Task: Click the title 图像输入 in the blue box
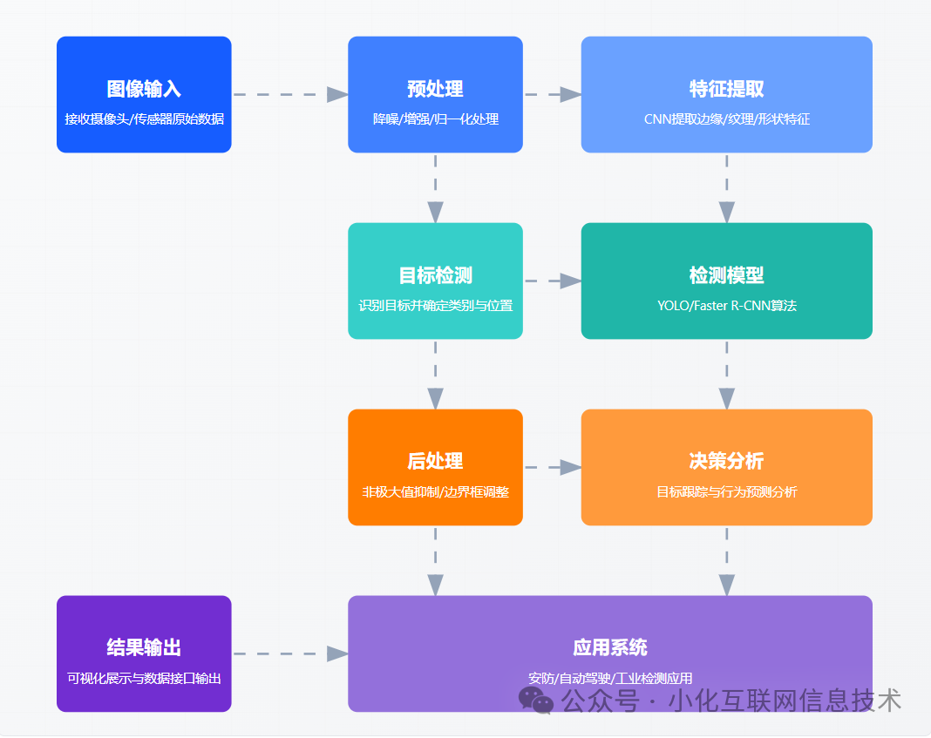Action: pos(144,89)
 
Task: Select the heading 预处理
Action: pos(435,89)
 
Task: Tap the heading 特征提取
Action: pos(726,89)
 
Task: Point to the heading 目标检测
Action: pos(435,275)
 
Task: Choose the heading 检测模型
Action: pos(726,275)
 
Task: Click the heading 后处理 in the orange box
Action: pos(435,461)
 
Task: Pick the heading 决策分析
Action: pos(726,461)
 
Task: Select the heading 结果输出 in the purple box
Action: pos(144,647)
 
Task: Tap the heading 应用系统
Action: pos(609,647)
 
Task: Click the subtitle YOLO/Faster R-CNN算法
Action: pos(726,306)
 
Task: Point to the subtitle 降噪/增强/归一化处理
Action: pos(435,119)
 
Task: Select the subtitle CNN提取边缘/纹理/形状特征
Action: pos(726,119)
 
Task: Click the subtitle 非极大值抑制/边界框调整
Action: pos(435,492)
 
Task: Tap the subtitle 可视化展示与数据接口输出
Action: pos(144,678)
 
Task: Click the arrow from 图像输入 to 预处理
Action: pos(289,94)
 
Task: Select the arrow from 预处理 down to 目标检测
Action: pos(435,187)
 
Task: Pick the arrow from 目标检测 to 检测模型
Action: pos(552,281)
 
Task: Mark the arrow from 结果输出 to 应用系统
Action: pos(289,653)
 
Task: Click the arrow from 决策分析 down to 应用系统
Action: pos(726,560)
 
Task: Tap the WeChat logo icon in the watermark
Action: pos(536,700)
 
